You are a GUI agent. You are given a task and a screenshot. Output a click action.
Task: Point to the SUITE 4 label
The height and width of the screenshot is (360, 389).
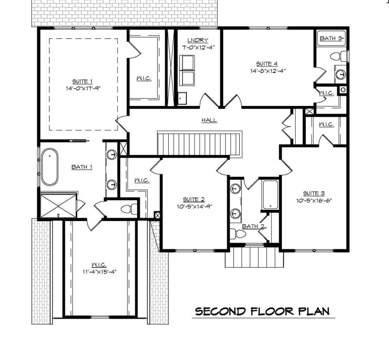tap(267, 64)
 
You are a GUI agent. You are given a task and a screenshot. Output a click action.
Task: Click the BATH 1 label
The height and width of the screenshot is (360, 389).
tap(82, 167)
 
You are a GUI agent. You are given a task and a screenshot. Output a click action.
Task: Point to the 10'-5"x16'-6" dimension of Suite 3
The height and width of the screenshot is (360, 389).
tap(315, 200)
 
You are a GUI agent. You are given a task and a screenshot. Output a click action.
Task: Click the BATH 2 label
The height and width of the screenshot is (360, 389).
tap(253, 226)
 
